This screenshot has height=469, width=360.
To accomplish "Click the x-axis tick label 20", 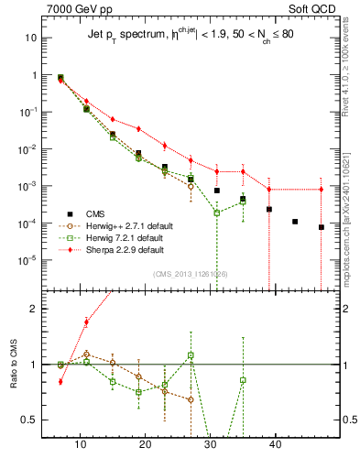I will coord(145,444).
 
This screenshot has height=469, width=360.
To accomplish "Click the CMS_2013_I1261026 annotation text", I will coord(191,274).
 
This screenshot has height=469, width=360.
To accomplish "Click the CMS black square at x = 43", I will coord(295,222).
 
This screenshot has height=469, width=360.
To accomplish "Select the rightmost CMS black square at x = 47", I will coord(322,227).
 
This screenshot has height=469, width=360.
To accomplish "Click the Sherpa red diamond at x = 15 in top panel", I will coord(113,119).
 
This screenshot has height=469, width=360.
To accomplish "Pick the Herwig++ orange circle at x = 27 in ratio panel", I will coord(191,399).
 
